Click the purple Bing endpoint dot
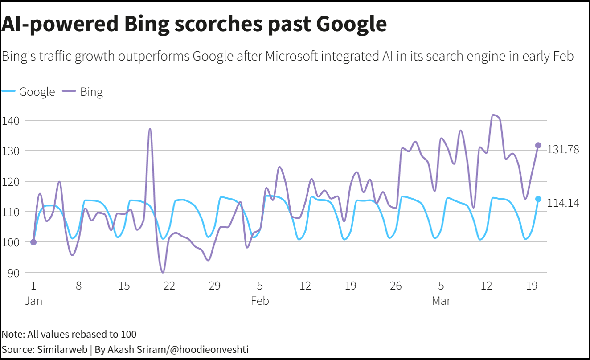click(x=538, y=145)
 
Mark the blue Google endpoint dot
click(x=538, y=199)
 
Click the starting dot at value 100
click(x=33, y=242)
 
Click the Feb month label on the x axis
click(x=260, y=301)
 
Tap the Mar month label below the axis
click(x=441, y=301)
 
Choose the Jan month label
click(x=33, y=301)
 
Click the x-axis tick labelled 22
click(x=169, y=286)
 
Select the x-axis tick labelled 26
click(x=395, y=286)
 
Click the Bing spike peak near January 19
click(x=150, y=129)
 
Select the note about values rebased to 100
click(x=69, y=334)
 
